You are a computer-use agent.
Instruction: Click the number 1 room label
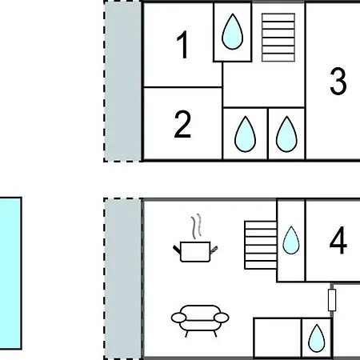point(183,45)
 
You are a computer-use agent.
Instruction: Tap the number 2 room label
point(182,125)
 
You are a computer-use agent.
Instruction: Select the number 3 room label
point(338,81)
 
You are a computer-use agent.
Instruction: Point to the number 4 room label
point(338,240)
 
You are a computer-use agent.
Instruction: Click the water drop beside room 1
point(233,32)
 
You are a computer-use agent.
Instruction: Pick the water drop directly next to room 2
point(245,134)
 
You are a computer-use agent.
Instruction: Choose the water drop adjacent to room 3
point(286,134)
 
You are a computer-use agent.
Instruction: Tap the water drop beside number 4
point(291,240)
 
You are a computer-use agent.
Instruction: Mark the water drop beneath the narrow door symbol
point(317,338)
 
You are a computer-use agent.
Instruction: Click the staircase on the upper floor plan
point(278,38)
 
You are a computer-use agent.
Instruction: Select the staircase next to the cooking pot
point(261,245)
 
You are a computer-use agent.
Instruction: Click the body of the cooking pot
point(195,252)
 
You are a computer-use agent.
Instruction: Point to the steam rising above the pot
point(196,226)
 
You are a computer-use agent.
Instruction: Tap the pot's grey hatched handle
point(214,250)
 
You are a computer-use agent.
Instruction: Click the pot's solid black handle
point(177,250)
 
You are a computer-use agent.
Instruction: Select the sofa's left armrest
point(178,318)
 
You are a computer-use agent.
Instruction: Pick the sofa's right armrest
point(222,318)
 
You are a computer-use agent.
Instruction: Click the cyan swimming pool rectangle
point(10,273)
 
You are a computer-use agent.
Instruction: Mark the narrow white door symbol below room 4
point(332,300)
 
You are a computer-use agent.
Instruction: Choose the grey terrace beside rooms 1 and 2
point(122,82)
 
